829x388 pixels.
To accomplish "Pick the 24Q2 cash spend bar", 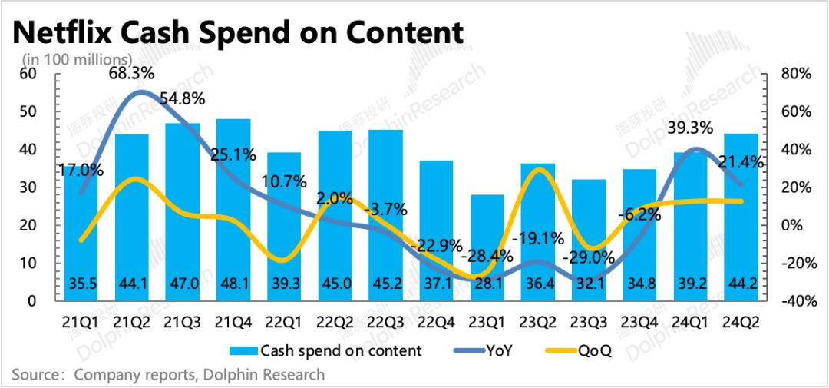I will (x=741, y=215).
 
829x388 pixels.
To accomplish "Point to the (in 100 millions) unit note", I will (x=77, y=59).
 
